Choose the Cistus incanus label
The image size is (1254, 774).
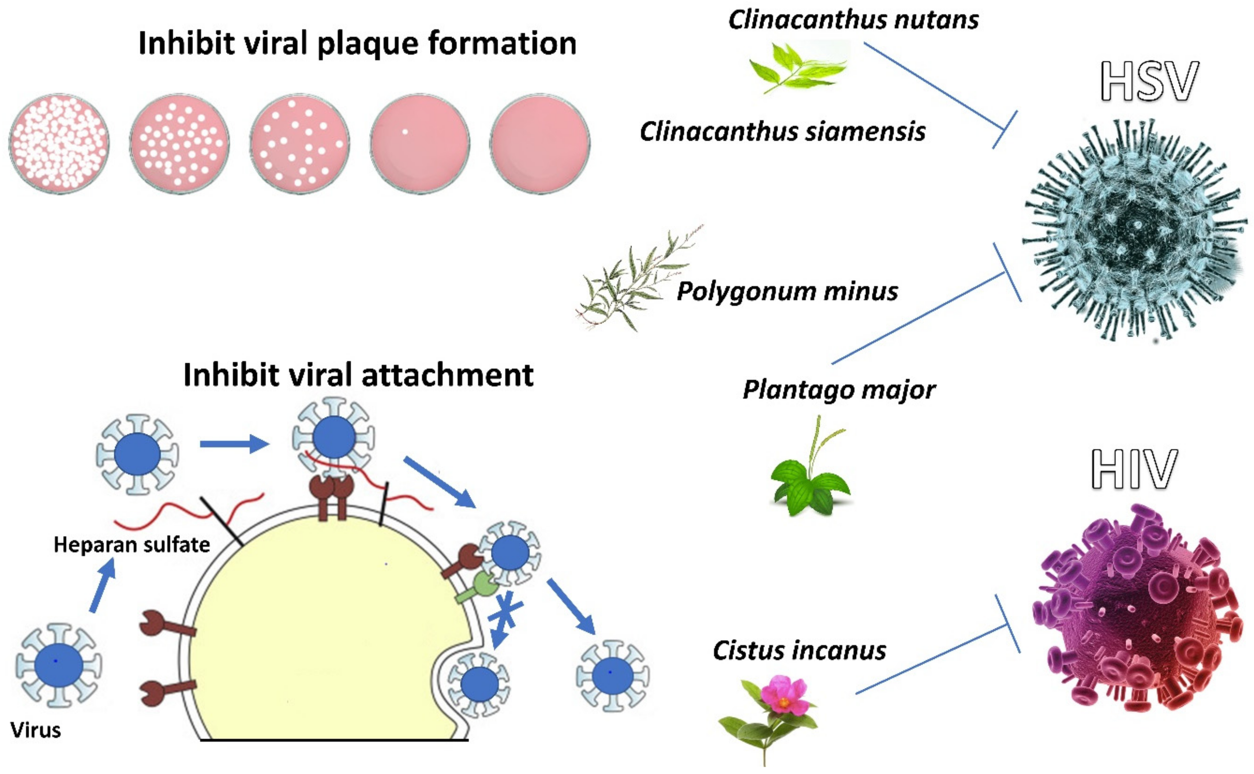(x=799, y=651)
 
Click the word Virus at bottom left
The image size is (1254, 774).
(x=36, y=730)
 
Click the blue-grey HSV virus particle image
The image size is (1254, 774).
(x=1134, y=230)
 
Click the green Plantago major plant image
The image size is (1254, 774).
(x=810, y=468)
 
